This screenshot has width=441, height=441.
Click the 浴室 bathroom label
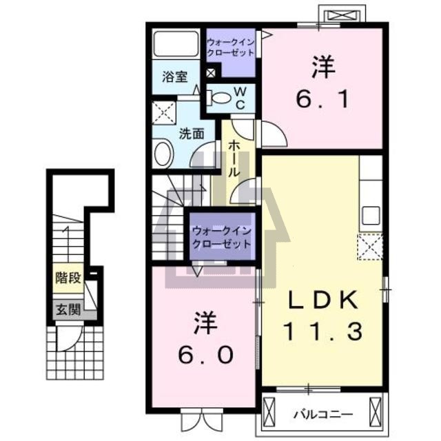click(174, 76)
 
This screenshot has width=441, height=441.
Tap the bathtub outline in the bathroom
click(176, 43)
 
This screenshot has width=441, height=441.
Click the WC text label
click(240, 98)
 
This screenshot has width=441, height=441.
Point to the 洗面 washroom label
click(192, 134)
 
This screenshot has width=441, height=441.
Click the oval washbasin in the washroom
click(163, 153)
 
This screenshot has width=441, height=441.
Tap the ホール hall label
click(234, 159)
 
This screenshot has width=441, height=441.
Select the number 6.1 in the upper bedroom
click(322, 99)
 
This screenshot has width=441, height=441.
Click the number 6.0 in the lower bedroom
click(205, 355)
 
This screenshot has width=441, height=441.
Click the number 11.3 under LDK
click(322, 331)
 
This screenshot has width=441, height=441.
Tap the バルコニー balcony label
click(323, 414)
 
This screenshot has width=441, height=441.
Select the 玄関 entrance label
click(68, 309)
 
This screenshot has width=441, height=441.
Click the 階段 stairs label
click(68, 278)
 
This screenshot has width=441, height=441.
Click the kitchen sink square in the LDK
click(371, 216)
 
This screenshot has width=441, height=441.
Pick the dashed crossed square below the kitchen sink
click(370, 247)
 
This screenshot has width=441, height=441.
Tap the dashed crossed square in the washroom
click(164, 113)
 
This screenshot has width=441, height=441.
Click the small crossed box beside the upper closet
click(211, 73)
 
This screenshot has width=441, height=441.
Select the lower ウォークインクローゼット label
click(222, 237)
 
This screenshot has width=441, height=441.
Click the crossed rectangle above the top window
click(342, 15)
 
